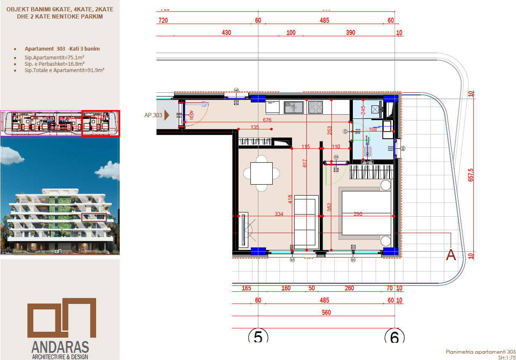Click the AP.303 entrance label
click(x=153, y=115)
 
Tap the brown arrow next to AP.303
click(x=167, y=114)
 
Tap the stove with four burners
click(x=316, y=107)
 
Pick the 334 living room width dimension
click(x=279, y=214)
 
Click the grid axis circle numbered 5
click(x=258, y=337)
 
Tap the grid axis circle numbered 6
click(x=395, y=337)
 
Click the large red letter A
click(x=451, y=255)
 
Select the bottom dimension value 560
click(x=326, y=312)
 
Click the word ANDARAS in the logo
click(x=60, y=347)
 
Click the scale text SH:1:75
click(x=506, y=357)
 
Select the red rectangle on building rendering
click(x=94, y=217)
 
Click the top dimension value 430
click(x=226, y=32)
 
